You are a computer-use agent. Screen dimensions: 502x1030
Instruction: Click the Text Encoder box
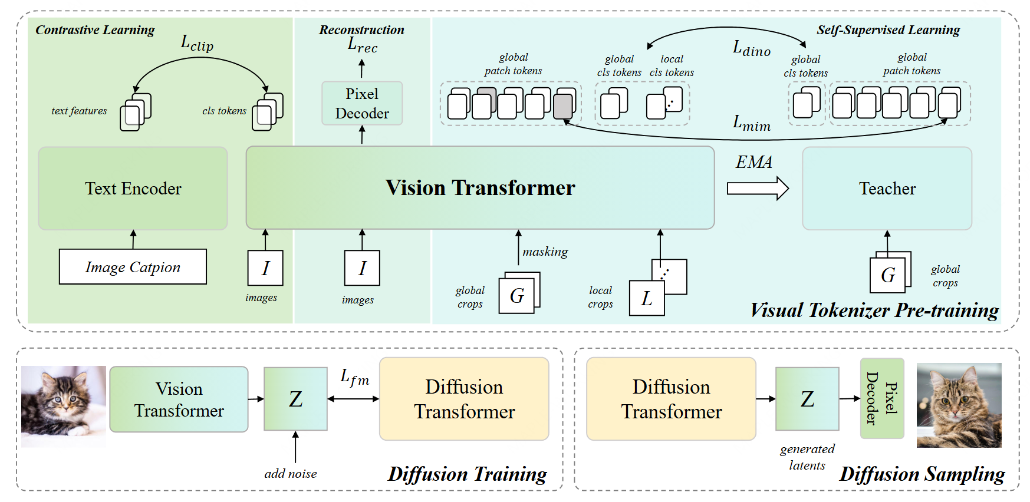(133, 189)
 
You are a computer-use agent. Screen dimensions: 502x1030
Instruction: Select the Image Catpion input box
(133, 267)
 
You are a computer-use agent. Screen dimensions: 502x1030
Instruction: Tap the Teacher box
(887, 189)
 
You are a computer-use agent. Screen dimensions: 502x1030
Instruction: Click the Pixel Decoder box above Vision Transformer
(362, 104)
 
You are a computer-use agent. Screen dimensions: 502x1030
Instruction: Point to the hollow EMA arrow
(758, 189)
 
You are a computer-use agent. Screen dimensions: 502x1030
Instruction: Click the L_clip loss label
(197, 44)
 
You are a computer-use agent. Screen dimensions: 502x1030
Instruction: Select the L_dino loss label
(751, 49)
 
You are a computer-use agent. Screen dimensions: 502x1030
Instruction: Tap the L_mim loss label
(751, 123)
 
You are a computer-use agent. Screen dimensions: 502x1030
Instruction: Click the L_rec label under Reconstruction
(362, 45)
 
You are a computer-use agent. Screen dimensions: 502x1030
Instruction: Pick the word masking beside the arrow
(545, 252)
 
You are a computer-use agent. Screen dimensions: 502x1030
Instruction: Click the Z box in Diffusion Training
(295, 399)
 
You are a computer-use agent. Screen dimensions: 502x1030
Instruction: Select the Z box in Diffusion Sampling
(807, 399)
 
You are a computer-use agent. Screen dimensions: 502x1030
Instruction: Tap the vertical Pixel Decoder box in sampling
(882, 398)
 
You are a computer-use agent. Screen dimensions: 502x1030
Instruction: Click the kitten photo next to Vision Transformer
(64, 407)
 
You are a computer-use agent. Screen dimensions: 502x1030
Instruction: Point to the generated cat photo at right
(959, 405)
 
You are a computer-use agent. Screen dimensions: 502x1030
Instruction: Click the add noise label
(290, 474)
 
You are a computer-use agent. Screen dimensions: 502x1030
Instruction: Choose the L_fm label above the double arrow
(355, 378)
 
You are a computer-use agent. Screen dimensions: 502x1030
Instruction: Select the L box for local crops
(647, 298)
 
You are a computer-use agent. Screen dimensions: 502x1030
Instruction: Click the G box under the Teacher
(888, 275)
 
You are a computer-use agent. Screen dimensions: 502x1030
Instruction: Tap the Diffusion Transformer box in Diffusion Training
(464, 399)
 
